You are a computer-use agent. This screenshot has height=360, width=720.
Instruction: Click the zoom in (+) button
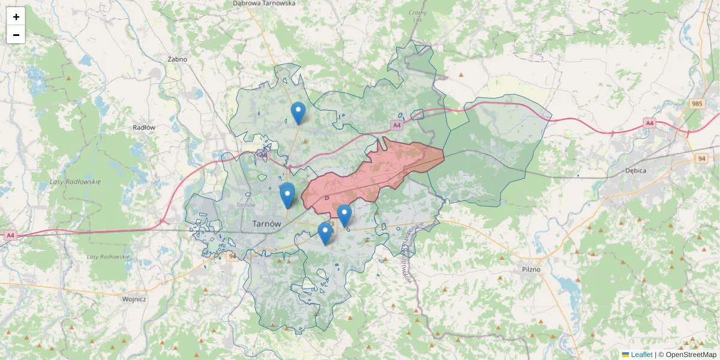[16, 16]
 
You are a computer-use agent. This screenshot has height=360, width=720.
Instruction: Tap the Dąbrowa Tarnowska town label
[264, 3]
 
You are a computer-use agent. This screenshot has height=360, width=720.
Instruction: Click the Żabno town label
[178, 59]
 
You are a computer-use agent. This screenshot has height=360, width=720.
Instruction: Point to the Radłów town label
[144, 127]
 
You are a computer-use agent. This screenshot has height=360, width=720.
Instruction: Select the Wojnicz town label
[134, 299]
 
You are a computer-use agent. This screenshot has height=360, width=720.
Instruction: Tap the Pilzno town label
[530, 269]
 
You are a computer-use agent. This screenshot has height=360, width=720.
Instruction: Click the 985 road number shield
[696, 104]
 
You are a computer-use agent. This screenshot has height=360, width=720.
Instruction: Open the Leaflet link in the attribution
[641, 355]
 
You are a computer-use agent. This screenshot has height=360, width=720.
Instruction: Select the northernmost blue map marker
[298, 113]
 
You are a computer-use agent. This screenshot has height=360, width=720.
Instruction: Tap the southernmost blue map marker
[325, 233]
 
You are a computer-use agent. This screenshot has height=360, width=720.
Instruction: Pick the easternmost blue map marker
[344, 215]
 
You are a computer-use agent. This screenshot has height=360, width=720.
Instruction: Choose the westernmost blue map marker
[287, 194]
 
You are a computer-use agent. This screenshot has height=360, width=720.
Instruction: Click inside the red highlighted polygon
[372, 174]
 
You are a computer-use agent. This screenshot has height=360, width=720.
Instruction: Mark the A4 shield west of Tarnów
[10, 236]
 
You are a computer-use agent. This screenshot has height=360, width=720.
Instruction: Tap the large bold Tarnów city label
[266, 223]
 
